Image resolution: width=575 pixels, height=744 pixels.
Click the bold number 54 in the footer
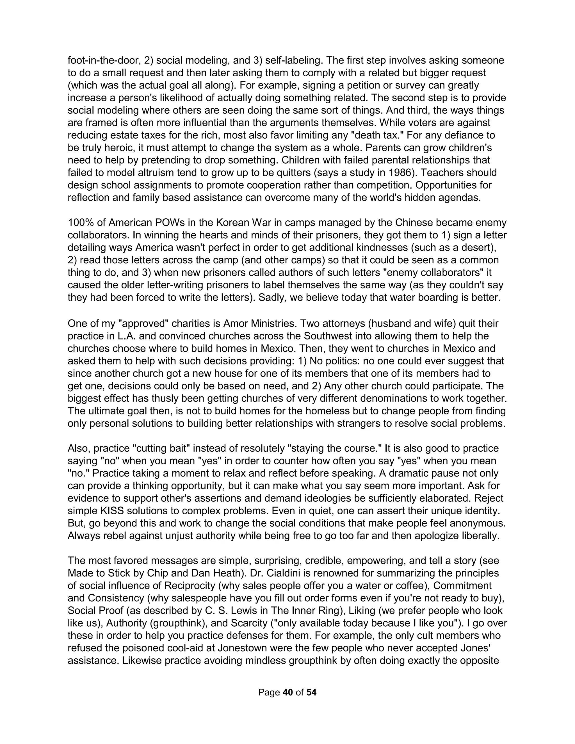311,692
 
